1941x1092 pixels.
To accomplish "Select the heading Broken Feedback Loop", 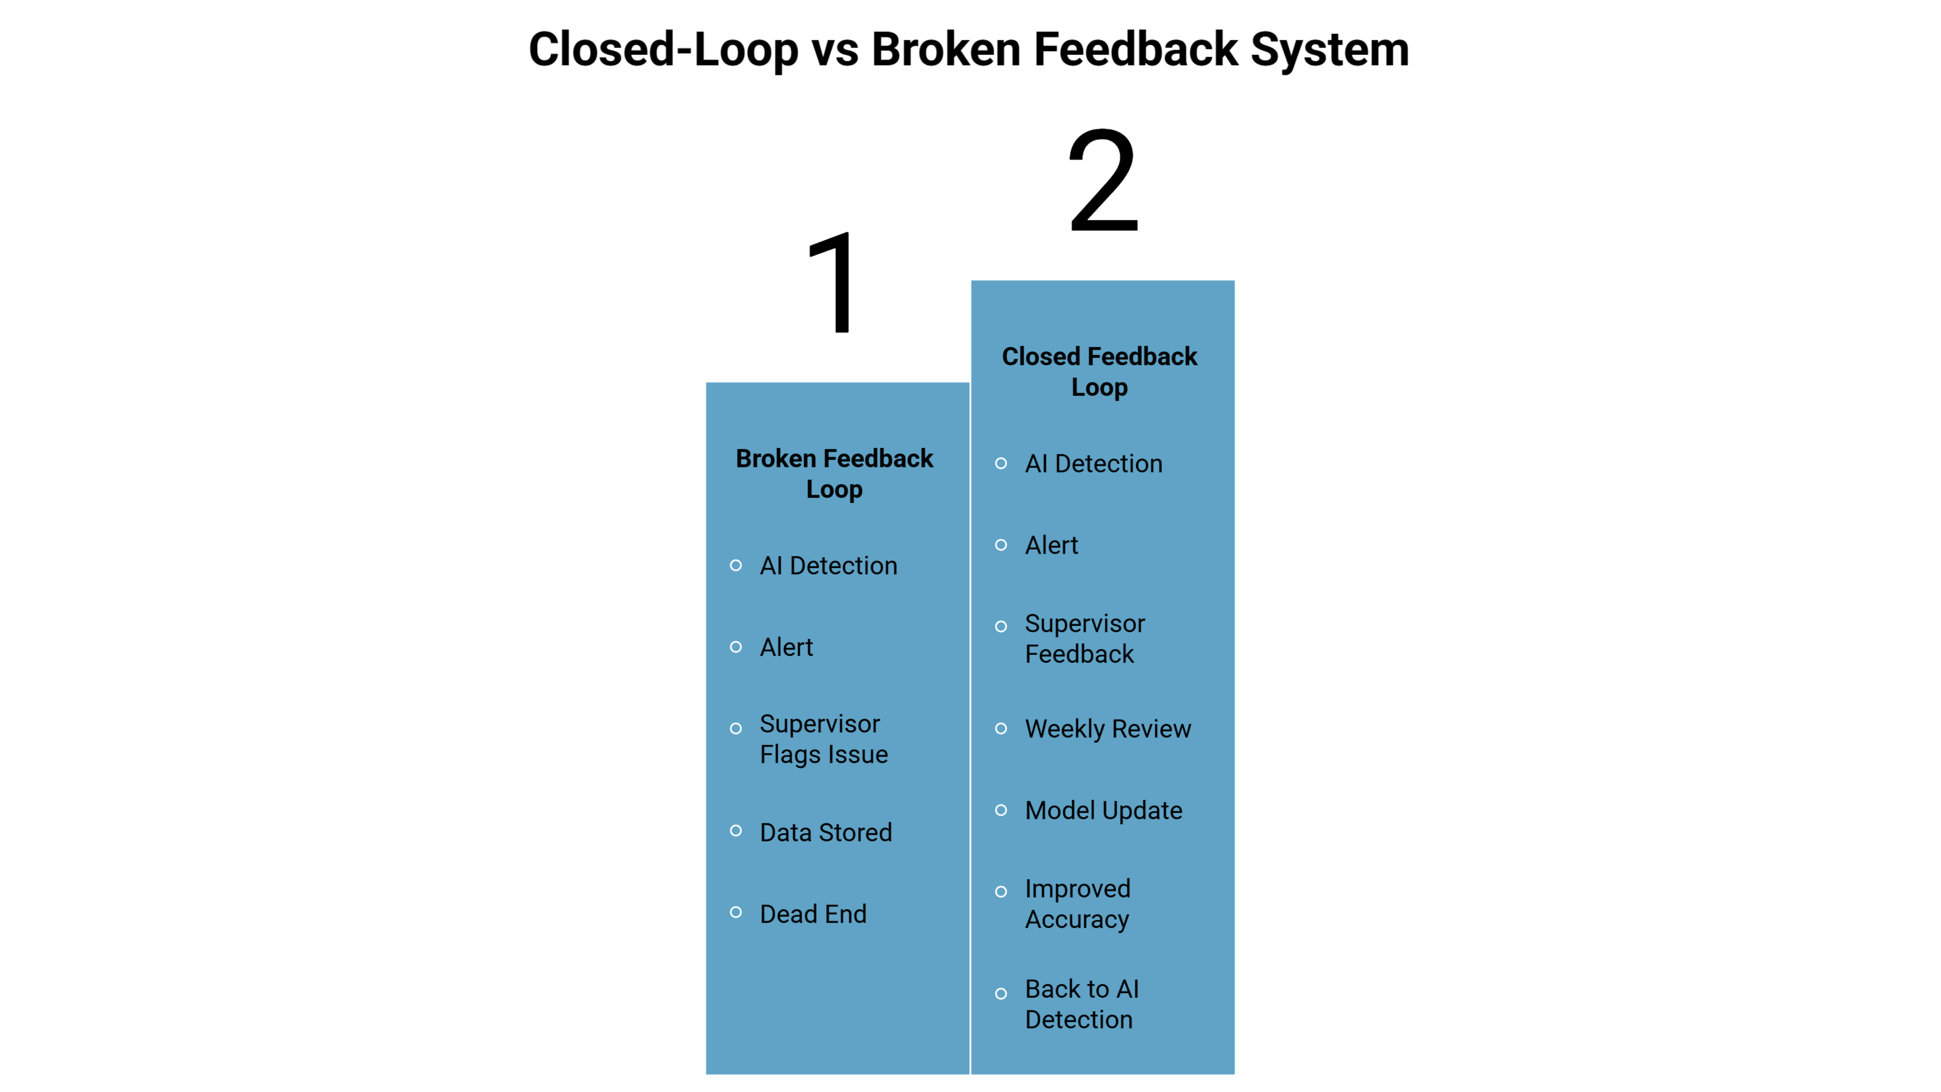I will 834,473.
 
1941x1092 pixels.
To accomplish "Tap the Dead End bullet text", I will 813,913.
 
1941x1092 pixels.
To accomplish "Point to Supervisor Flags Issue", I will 824,739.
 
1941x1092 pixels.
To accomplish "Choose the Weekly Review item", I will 1108,729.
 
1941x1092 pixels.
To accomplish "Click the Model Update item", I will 1103,810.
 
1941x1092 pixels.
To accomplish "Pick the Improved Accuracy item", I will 1078,904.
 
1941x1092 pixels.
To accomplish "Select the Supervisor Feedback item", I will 1084,638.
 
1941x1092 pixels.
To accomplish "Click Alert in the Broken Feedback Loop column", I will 786,646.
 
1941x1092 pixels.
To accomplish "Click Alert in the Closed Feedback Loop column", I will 1051,545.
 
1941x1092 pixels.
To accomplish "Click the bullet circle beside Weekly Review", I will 1001,728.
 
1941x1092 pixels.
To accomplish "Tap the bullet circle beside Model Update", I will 1001,810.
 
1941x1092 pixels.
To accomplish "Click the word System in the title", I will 1329,50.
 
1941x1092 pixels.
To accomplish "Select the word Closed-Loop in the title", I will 663,50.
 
